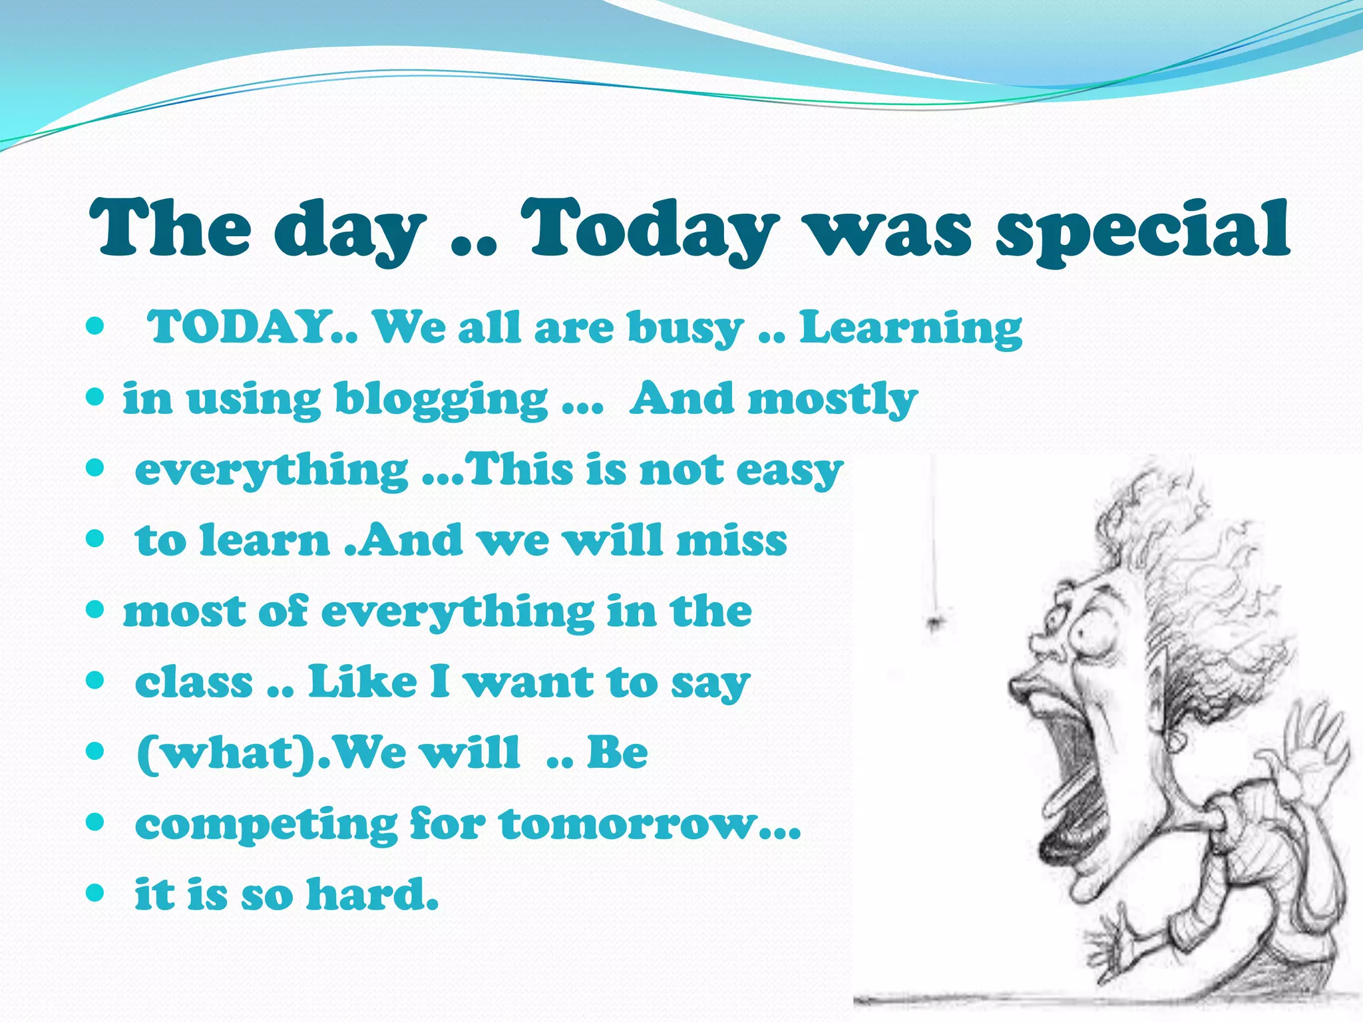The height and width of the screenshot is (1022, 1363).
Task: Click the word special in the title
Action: tap(1142, 230)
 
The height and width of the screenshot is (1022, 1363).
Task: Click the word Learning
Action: tap(910, 329)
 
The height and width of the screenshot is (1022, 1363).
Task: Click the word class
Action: tap(194, 683)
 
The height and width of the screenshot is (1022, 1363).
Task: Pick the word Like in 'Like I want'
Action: tap(363, 683)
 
